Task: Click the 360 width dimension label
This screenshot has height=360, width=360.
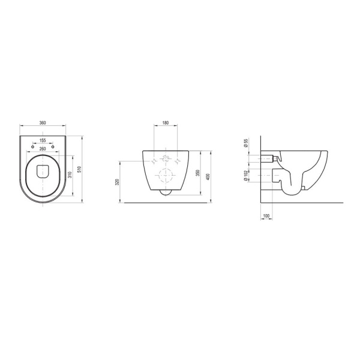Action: (43, 123)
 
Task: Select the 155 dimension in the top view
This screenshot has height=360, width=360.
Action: (43, 140)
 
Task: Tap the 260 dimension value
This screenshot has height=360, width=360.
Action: (43, 149)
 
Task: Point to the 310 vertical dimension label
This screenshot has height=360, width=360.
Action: (70, 175)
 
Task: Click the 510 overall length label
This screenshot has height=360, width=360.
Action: (80, 169)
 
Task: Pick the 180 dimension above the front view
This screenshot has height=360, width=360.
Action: (166, 123)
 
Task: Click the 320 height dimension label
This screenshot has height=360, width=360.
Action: (117, 182)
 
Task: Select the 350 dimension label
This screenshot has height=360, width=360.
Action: (199, 173)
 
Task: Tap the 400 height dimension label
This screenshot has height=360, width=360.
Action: (208, 177)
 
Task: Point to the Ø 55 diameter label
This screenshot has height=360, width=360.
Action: (245, 143)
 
